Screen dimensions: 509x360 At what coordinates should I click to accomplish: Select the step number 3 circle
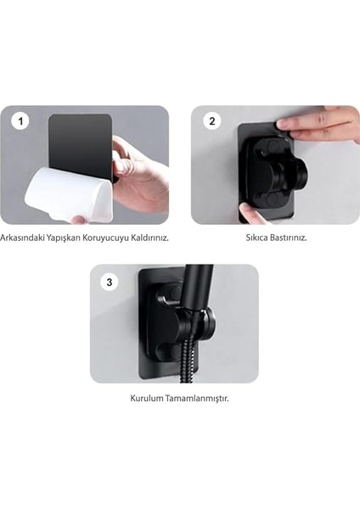109,279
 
